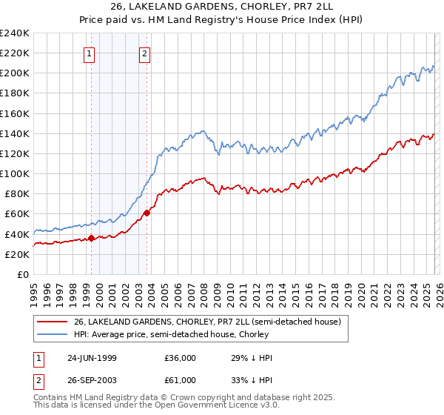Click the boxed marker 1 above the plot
89,53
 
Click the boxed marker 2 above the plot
144,53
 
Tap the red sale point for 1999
92,238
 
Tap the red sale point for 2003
147,213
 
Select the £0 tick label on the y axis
23,274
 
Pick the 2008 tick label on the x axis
203,290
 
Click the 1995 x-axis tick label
34,290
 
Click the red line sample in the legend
52,322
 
